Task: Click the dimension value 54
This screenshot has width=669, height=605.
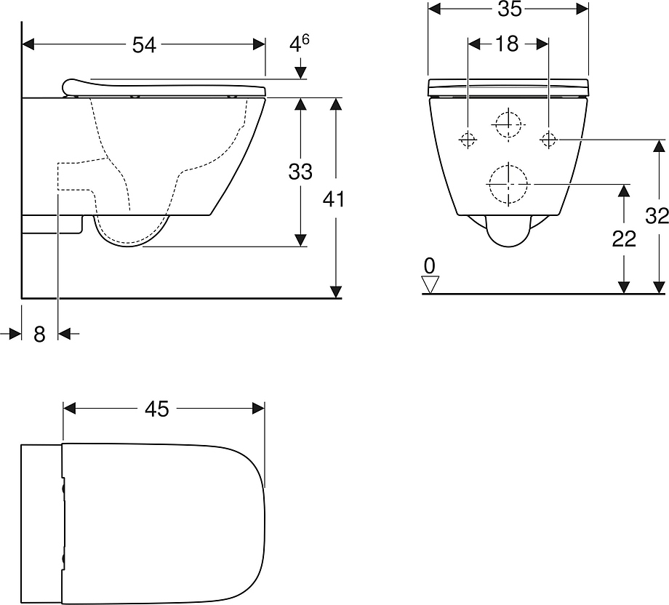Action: [x=144, y=45]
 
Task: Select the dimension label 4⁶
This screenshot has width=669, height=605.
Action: [x=300, y=44]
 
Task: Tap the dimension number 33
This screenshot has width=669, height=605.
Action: [x=300, y=172]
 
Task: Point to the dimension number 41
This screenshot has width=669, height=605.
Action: [x=334, y=199]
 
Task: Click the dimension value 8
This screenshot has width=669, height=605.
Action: [x=39, y=334]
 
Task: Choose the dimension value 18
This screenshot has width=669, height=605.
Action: [x=507, y=44]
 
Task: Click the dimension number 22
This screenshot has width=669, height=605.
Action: [x=624, y=239]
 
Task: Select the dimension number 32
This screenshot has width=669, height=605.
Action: [x=657, y=216]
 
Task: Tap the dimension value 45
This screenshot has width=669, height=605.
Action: [x=156, y=409]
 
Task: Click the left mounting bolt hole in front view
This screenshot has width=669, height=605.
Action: [x=468, y=138]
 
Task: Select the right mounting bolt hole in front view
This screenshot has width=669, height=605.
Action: [x=549, y=138]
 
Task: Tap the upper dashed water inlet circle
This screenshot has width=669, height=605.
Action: [x=508, y=124]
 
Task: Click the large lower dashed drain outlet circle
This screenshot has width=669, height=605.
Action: [x=508, y=183]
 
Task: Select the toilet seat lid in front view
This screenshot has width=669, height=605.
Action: [x=508, y=85]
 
